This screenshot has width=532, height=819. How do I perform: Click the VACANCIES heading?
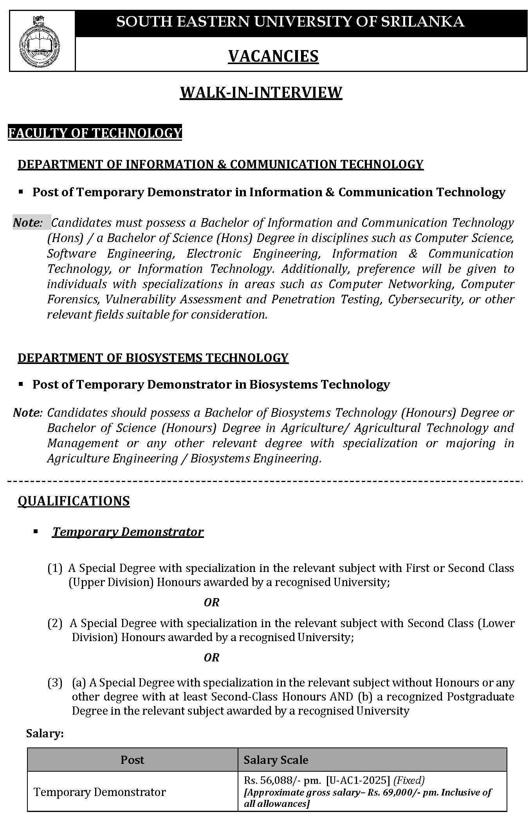(273, 56)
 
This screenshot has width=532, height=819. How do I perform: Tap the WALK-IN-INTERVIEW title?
(261, 93)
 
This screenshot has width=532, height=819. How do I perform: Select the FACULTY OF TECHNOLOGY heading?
(95, 133)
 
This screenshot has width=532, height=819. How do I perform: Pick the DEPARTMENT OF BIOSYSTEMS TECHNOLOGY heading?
(153, 358)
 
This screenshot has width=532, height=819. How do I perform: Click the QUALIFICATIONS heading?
(74, 501)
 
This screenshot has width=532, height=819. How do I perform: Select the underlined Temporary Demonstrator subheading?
(128, 532)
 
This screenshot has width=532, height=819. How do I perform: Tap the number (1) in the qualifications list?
(55, 568)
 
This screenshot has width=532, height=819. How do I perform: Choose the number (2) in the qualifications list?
(55, 624)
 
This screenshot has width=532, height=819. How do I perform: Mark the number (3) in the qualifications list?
(55, 683)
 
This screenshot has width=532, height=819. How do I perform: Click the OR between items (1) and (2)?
(211, 602)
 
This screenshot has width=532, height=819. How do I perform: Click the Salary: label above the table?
(45, 734)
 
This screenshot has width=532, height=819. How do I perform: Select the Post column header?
(132, 760)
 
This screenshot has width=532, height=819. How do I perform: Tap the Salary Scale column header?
(276, 760)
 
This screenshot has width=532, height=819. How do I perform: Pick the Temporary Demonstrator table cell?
(100, 792)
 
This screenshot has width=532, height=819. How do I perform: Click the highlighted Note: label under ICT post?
(28, 223)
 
